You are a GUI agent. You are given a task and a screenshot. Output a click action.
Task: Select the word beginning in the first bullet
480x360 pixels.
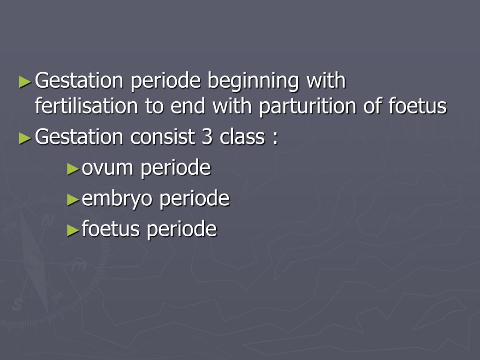tap(253, 82)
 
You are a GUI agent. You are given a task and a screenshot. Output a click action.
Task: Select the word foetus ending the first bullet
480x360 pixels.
tap(417, 106)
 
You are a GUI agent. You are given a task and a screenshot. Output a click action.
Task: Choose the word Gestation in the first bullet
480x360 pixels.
tap(80, 82)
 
